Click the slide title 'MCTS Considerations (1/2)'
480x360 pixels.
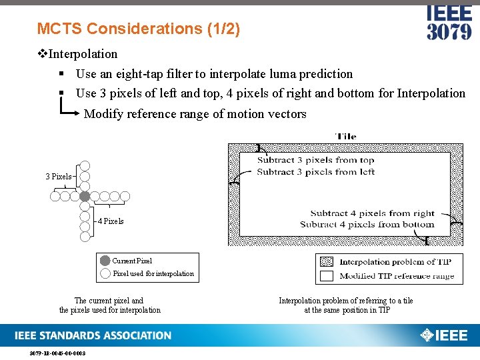(139, 29)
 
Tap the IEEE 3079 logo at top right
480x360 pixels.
(449, 23)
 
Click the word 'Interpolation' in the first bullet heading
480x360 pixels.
(83, 54)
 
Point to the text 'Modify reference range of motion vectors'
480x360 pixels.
(195, 114)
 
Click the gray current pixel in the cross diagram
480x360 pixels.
(85, 196)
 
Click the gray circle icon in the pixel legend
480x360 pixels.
(105, 261)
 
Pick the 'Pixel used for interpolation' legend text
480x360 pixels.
(153, 273)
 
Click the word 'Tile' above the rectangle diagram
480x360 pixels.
(345, 137)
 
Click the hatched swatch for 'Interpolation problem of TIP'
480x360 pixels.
(327, 262)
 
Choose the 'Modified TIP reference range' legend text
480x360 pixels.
(397, 275)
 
